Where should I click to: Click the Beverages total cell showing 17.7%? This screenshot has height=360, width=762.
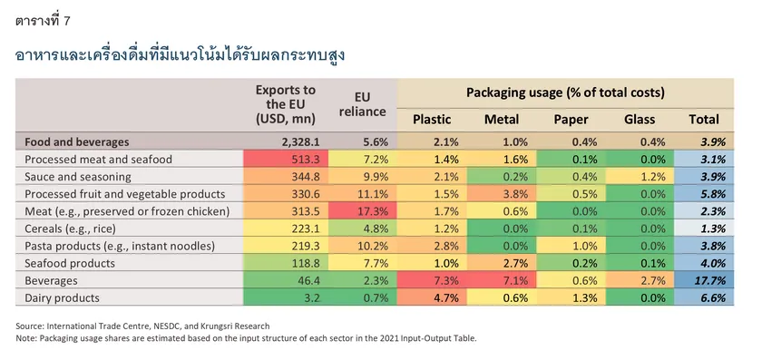[704, 280]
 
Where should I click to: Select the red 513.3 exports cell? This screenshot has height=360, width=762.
[286, 159]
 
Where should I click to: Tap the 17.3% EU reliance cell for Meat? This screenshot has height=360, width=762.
[363, 211]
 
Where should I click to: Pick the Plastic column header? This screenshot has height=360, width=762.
[432, 120]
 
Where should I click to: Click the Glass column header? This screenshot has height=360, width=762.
[640, 120]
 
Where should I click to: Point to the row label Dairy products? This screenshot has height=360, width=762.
[62, 297]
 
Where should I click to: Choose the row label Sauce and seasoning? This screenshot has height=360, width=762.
[78, 176]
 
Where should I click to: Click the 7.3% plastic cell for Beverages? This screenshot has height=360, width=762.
[432, 280]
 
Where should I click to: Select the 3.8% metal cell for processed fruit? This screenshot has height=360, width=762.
[502, 194]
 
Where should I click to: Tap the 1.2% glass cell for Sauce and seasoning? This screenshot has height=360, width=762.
[640, 176]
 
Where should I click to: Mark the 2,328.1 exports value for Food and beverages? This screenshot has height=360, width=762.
[300, 141]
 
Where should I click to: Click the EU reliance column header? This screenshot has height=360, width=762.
[363, 104]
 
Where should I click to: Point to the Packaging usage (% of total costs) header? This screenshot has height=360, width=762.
[566, 92]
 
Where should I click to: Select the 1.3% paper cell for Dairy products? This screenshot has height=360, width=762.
[571, 297]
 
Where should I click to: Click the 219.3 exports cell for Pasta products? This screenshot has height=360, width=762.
[286, 246]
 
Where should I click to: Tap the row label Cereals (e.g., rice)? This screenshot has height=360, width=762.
[70, 229]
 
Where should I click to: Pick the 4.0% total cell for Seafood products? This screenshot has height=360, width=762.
[704, 263]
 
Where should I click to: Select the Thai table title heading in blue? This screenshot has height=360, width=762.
[181, 54]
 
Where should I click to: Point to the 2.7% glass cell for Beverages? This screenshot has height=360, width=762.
[640, 280]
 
